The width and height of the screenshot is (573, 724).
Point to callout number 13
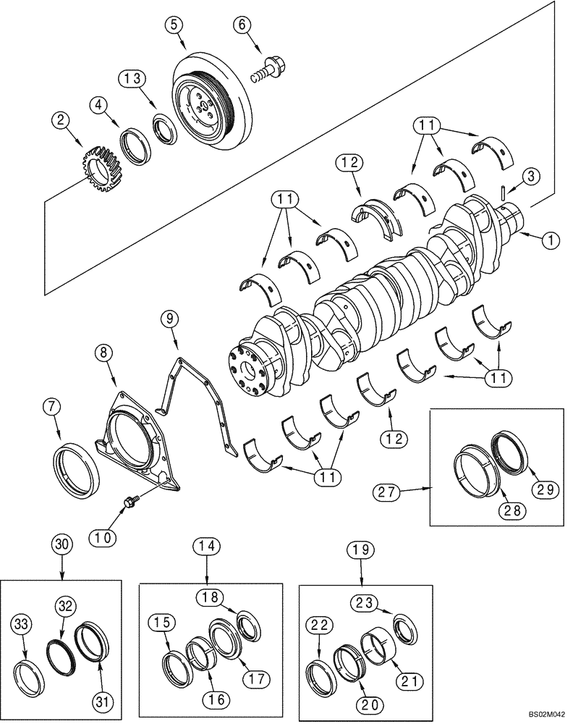(136, 77)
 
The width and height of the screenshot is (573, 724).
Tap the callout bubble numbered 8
(105, 354)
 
